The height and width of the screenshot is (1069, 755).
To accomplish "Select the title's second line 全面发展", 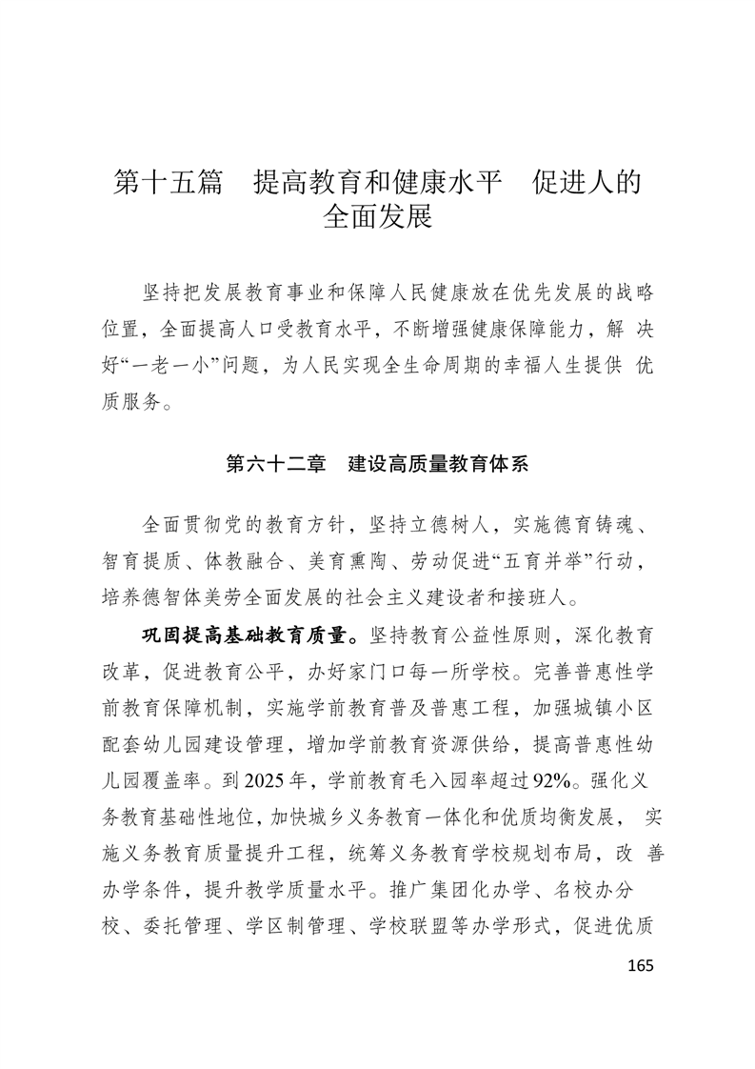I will [x=378, y=217].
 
